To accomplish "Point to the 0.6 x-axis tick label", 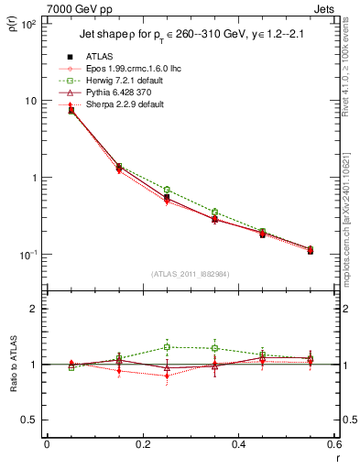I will (334, 446).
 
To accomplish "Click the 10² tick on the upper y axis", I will (29, 24).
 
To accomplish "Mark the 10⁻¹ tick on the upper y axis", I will (29, 255).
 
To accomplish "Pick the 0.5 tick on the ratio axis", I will (29, 420).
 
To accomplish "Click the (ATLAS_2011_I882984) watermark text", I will (190, 273).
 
